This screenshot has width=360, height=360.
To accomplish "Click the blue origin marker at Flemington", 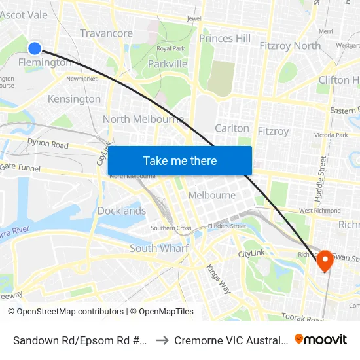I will point(35,47).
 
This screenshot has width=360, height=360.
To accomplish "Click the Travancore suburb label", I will point(106,33).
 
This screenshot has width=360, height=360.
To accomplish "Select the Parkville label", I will point(168,63).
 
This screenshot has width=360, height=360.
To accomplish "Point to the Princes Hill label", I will point(225,39).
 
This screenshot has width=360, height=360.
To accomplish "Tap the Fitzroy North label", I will point(290,45).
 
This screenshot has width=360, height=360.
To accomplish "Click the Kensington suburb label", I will point(75,99).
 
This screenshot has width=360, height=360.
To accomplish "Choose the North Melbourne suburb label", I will point(143,119).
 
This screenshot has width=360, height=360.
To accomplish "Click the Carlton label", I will point(232,128).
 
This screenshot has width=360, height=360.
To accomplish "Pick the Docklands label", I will point(122,211).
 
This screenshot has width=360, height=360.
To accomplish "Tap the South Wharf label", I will point(159,248).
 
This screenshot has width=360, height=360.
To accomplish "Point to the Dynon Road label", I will point(48,143).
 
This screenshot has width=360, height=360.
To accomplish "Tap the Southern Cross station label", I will point(171,228).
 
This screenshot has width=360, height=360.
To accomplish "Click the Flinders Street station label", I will point(226,226).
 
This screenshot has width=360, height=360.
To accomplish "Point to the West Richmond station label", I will point(319,211).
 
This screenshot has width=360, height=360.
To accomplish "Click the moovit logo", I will point(321,339).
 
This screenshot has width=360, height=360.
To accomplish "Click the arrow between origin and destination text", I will point(162,340).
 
